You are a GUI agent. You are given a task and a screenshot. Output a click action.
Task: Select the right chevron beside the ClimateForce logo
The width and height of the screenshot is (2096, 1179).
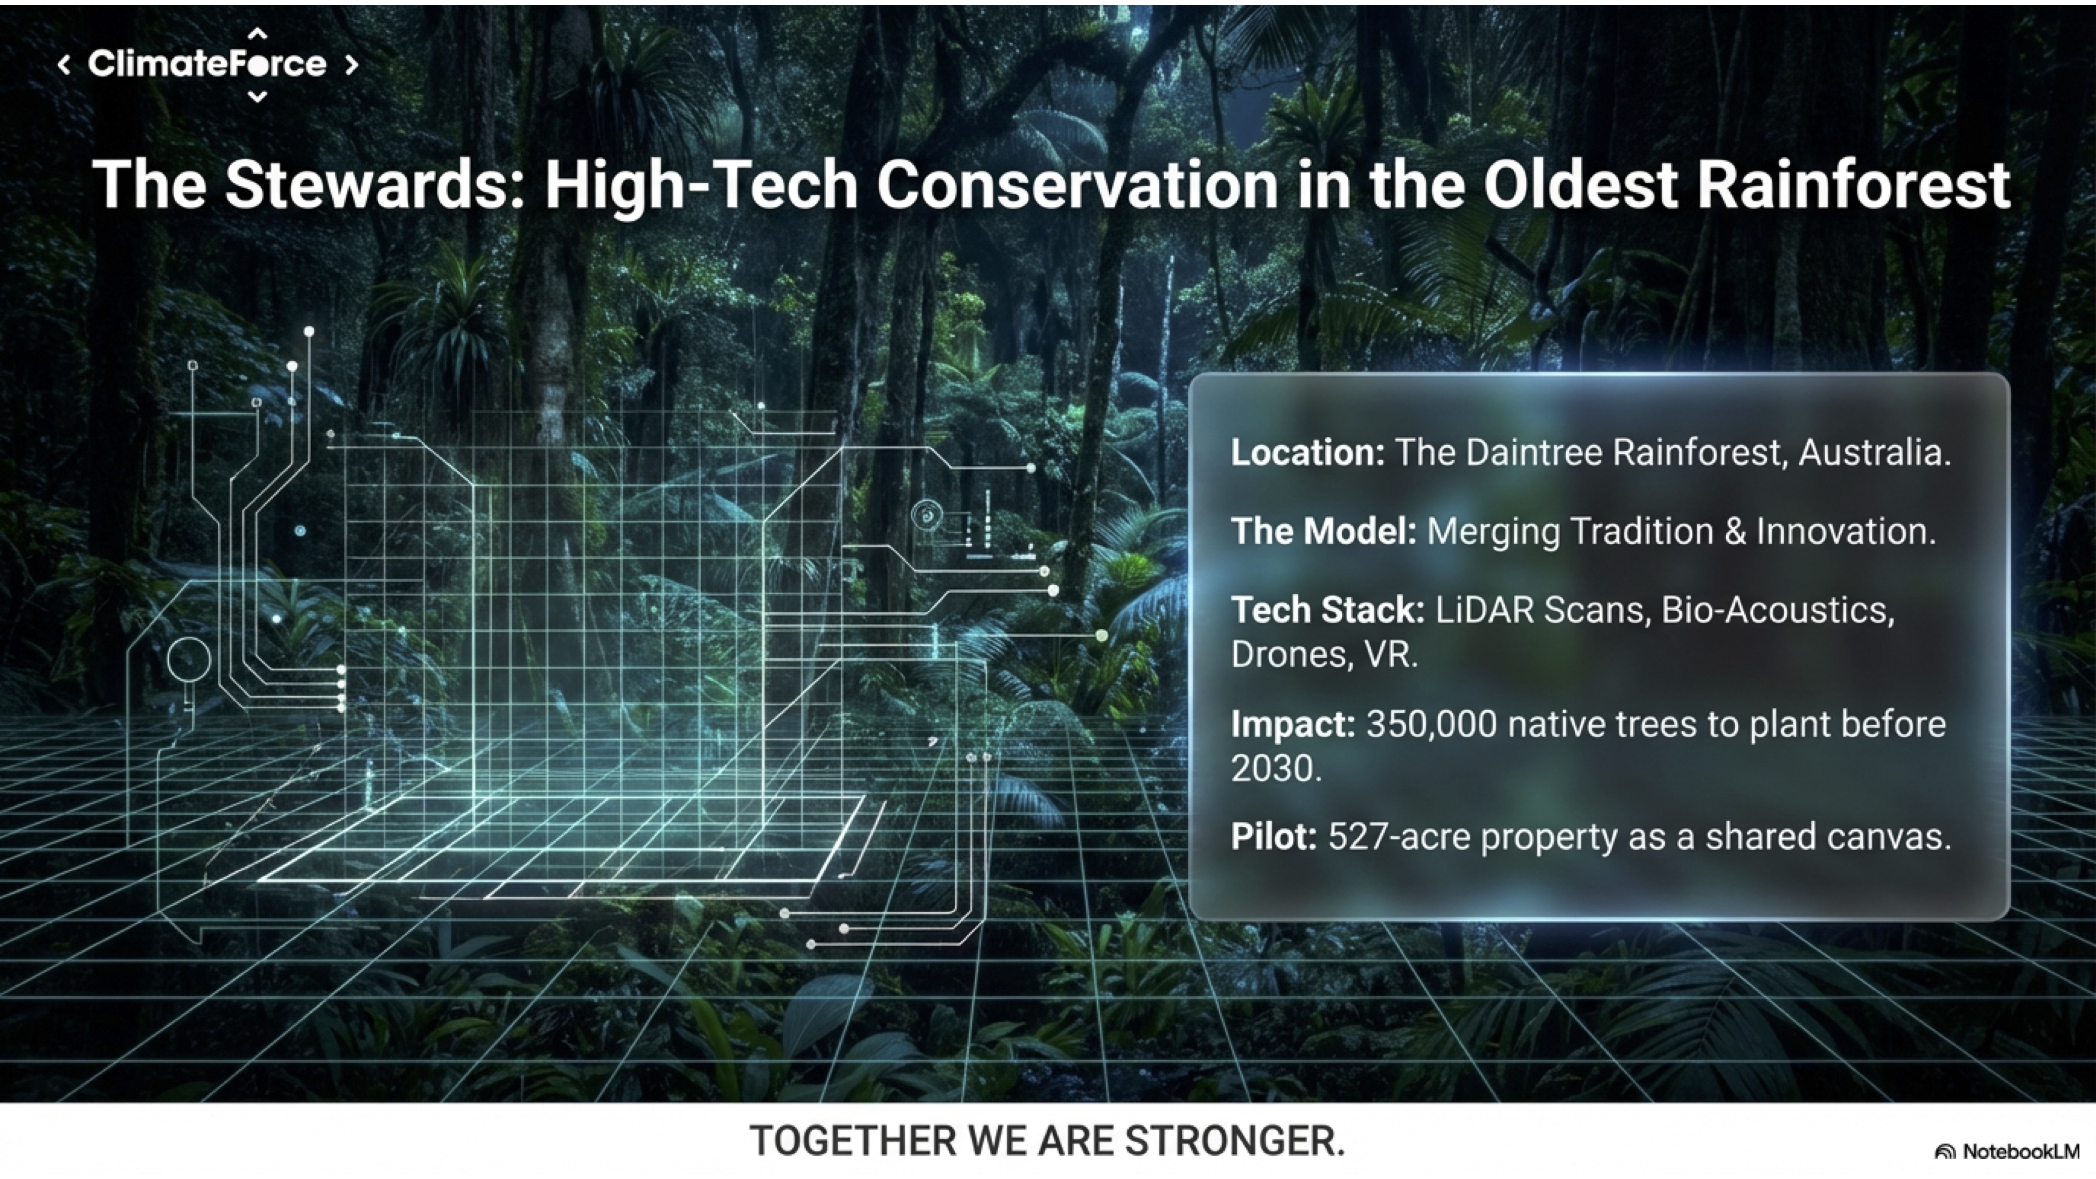(351, 64)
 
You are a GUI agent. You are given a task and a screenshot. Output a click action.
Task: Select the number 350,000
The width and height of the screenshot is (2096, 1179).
(1431, 724)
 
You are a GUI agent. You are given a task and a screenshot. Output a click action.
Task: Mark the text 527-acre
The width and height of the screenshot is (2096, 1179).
(1399, 836)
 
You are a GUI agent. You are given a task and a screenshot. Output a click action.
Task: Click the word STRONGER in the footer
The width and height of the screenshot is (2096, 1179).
(1235, 1141)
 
